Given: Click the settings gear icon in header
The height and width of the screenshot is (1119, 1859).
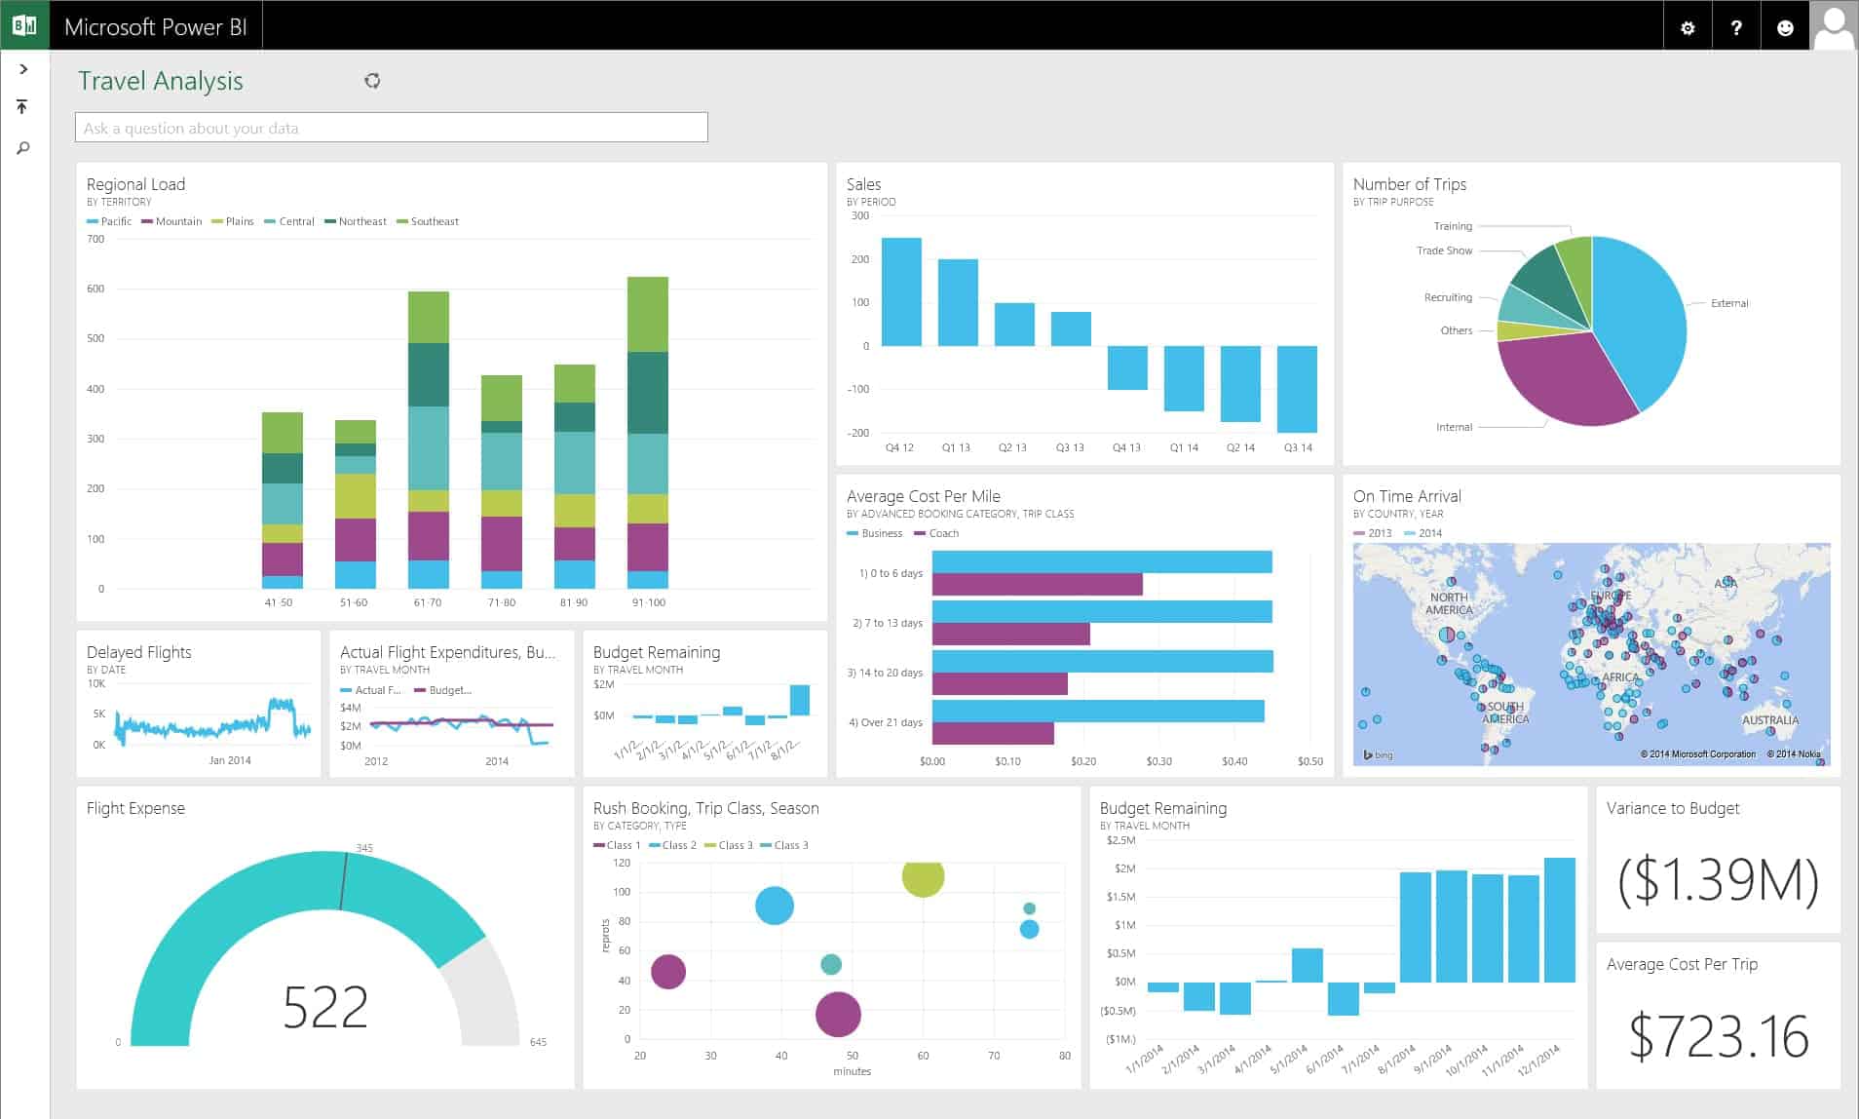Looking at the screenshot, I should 1688,28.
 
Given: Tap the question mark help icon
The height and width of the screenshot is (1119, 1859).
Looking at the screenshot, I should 1736,28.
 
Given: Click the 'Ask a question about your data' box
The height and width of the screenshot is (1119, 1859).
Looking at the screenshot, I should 391,128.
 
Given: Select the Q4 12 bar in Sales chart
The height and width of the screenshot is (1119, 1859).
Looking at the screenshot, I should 901,291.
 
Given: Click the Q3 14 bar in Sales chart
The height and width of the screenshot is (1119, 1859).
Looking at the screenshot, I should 1297,388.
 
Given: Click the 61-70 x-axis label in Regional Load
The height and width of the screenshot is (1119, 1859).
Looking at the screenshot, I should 428,602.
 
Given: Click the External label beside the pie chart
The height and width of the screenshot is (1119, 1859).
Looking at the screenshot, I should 1729,303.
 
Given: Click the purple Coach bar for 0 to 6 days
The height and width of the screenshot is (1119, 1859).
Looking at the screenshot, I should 1037,585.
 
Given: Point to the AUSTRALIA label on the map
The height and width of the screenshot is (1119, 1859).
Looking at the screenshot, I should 1769,720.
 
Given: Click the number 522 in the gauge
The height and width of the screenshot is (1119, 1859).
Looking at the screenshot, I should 325,1007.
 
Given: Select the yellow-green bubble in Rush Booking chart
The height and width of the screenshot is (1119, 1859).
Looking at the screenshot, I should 923,876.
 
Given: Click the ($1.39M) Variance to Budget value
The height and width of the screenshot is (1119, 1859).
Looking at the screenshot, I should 1718,880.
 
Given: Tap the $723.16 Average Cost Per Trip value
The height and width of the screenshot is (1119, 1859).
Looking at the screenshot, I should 1718,1036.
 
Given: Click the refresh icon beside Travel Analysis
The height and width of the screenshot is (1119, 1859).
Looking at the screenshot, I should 372,81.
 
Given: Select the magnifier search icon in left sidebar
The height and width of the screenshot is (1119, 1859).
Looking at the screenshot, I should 23,148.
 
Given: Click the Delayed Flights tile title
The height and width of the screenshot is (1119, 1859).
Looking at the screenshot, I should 138,652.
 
